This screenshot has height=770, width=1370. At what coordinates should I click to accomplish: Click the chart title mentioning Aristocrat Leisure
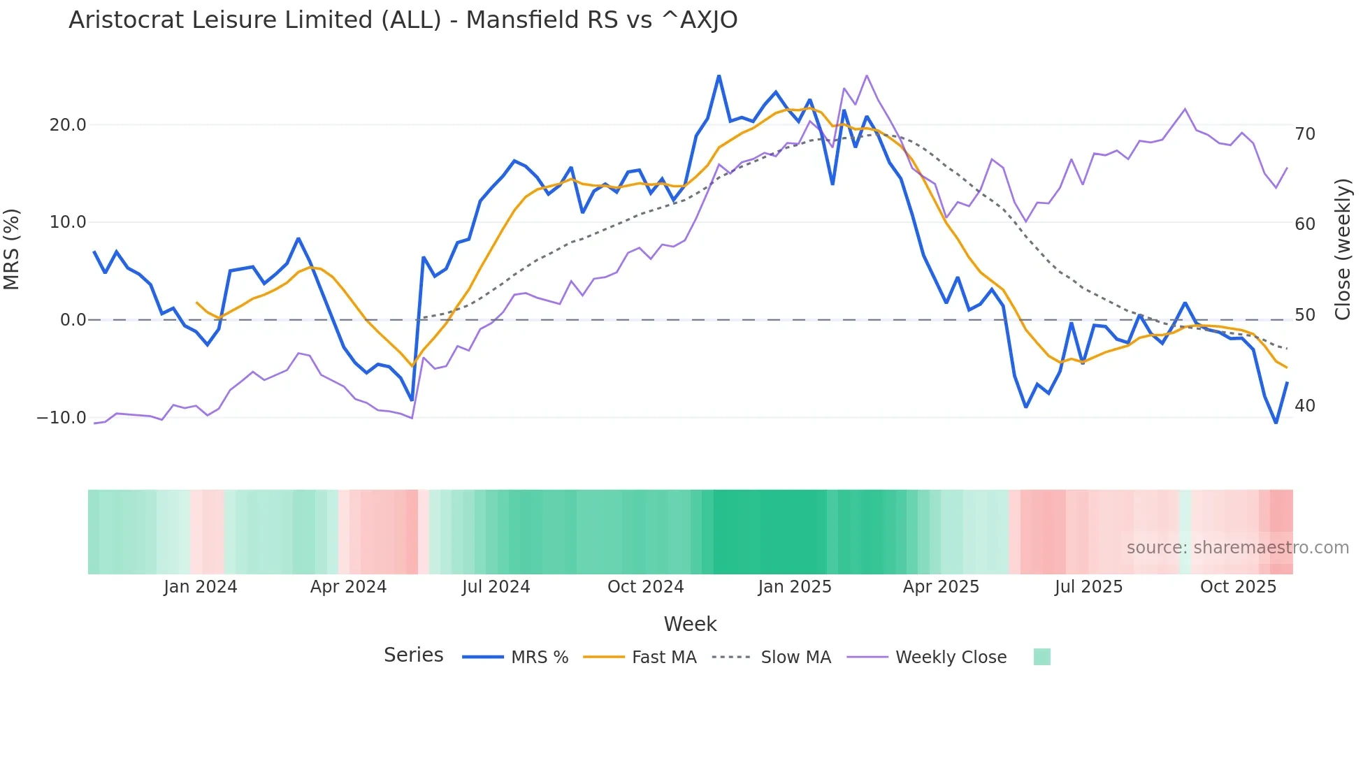(403, 20)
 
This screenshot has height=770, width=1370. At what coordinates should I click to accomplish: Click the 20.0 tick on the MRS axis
(68, 125)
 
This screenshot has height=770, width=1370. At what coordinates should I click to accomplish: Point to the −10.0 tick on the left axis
(62, 418)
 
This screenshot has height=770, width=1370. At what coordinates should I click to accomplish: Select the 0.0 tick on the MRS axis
(73, 320)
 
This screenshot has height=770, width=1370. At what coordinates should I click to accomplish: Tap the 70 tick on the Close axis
(1304, 133)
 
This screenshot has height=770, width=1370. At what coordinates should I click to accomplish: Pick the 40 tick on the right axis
(1304, 405)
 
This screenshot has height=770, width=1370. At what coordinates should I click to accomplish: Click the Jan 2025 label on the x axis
(795, 587)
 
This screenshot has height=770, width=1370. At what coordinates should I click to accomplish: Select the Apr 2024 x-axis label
(348, 587)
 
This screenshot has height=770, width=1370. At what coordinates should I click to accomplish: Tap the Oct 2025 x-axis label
(1238, 587)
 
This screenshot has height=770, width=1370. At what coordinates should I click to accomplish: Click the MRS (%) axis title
(12, 249)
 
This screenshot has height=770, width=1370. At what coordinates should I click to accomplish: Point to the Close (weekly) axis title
(1343, 249)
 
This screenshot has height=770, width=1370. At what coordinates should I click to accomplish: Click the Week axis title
(690, 624)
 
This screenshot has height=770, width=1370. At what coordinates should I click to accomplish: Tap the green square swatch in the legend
(1041, 657)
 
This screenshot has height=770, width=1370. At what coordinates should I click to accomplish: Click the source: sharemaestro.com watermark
(1237, 548)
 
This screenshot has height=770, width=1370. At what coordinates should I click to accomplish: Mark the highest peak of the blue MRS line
(719, 75)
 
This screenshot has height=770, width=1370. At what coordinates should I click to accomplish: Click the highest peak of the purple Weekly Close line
(867, 75)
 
